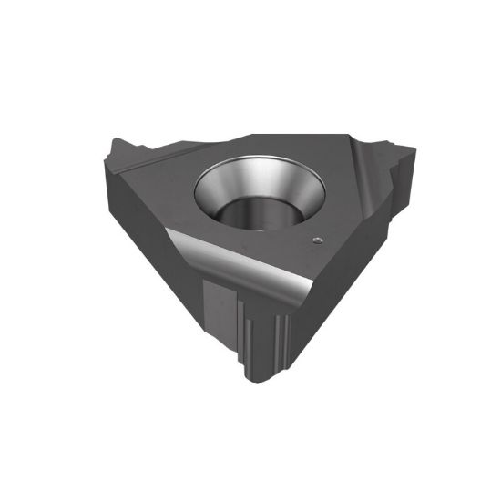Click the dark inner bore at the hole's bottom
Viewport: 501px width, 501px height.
253,219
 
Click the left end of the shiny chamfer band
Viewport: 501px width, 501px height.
175,239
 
